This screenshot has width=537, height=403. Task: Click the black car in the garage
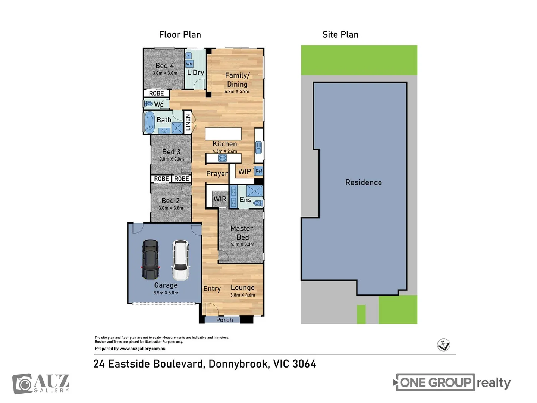pyautogui.click(x=150, y=260)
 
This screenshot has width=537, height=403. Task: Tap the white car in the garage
pyautogui.click(x=180, y=260)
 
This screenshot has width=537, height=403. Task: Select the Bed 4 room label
pyautogui.click(x=164, y=66)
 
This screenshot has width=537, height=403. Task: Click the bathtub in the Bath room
pyautogui.click(x=150, y=122)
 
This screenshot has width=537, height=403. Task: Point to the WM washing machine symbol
pyautogui.click(x=189, y=64)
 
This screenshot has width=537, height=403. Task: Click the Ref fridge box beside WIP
pyautogui.click(x=258, y=171)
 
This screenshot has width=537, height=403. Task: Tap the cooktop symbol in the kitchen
pyautogui.click(x=222, y=158)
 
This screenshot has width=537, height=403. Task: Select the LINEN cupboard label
pyautogui.click(x=188, y=122)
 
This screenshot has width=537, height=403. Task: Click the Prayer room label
pyautogui.click(x=217, y=174)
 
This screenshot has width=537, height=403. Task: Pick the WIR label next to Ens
pyautogui.click(x=220, y=199)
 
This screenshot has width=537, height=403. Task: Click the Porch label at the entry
pyautogui.click(x=224, y=320)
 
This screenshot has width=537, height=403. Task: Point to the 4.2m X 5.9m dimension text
pyautogui.click(x=237, y=91)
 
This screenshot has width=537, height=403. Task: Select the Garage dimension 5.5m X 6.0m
pyautogui.click(x=166, y=293)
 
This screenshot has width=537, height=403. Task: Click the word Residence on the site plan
pyautogui.click(x=363, y=182)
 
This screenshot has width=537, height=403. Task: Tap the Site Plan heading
pyautogui.click(x=340, y=35)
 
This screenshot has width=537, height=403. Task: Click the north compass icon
pyautogui.click(x=443, y=345)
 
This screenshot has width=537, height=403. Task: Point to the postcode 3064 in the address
pyautogui.click(x=304, y=364)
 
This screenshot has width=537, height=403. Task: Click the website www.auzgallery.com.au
pyautogui.click(x=142, y=349)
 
